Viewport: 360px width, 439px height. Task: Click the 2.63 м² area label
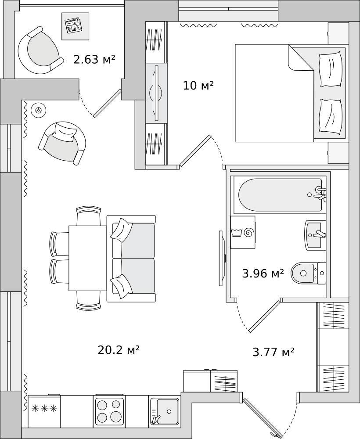point(94,59)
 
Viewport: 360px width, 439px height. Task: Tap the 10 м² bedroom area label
point(198,86)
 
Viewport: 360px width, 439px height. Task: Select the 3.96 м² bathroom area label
point(263,274)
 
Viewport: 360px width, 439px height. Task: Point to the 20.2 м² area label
point(119,350)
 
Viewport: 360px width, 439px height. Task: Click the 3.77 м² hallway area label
point(273,352)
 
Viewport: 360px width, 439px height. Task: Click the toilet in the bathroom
point(307,273)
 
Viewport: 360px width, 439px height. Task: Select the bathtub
point(280,194)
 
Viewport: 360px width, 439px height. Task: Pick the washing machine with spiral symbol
point(243,232)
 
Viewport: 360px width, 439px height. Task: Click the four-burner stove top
point(109,410)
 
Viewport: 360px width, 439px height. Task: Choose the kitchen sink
point(165,411)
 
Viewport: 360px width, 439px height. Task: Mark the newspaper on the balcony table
point(73,25)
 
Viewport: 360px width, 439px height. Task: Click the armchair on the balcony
point(40,50)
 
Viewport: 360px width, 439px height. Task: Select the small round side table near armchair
point(39,111)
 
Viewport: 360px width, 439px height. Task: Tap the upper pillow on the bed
point(331,69)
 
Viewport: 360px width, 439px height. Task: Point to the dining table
point(87,258)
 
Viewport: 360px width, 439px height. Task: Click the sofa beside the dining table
point(132,258)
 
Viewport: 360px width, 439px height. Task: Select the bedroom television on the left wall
point(156,93)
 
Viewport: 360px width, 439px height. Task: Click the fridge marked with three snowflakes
point(44,411)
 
